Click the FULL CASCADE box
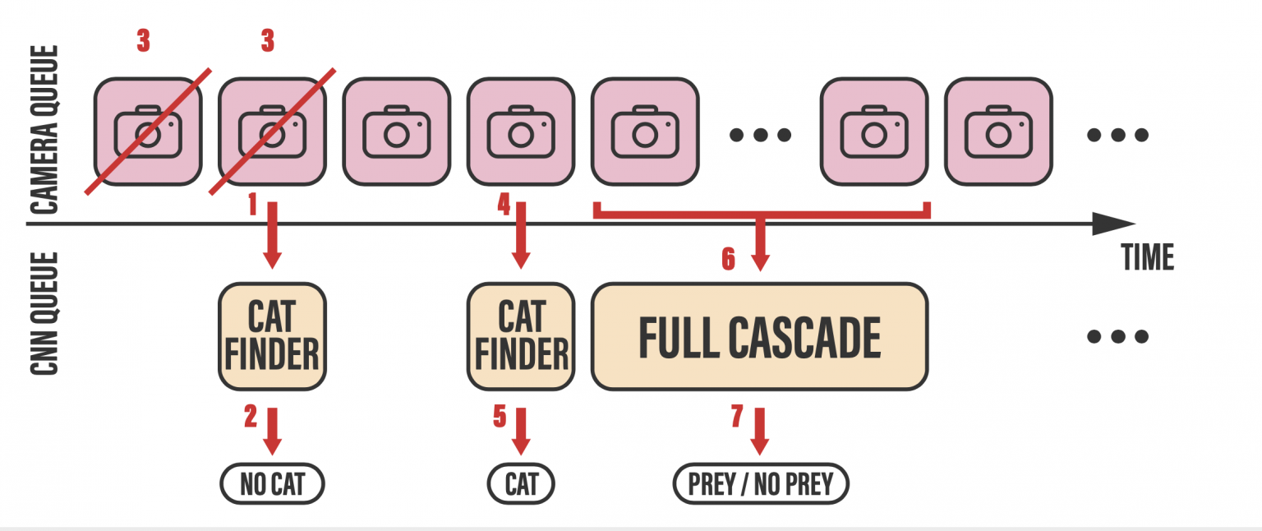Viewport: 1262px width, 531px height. coord(759,337)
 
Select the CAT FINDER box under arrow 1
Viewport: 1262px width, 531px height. coord(272,337)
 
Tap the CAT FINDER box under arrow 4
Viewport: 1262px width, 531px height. coord(521,337)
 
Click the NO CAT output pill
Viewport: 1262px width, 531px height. coord(272,485)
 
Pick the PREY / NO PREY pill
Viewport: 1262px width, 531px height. coord(760,485)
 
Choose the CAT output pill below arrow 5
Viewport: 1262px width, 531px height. coord(521,485)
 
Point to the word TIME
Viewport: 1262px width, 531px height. coord(1148,258)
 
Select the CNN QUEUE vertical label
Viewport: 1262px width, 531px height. coord(48,314)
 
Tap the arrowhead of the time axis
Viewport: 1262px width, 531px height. coord(1112,224)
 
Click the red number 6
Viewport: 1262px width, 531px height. coord(728,259)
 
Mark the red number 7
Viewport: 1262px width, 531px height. coord(736,417)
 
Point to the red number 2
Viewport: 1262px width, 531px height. coord(251,417)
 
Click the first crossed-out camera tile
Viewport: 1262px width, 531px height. coord(148,132)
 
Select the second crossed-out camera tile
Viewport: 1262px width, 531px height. coord(272,132)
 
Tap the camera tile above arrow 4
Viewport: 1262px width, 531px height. coord(521,132)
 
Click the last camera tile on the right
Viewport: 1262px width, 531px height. coord(998,132)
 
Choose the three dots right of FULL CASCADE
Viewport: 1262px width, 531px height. coord(1117,336)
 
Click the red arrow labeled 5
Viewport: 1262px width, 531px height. coord(521,432)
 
